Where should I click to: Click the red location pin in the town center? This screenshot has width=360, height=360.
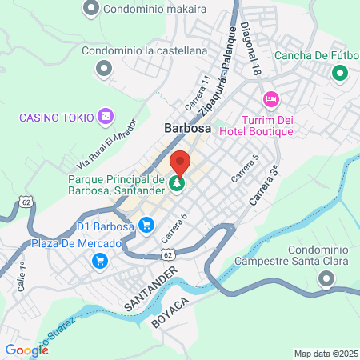pyautogui.click(x=180, y=162)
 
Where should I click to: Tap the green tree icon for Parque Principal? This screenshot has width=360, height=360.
pyautogui.click(x=176, y=184)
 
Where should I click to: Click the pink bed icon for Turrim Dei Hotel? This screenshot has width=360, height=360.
pyautogui.click(x=270, y=99)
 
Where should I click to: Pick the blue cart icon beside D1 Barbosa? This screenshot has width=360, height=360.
pyautogui.click(x=146, y=226)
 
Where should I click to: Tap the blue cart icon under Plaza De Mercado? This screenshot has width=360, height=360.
pyautogui.click(x=100, y=260)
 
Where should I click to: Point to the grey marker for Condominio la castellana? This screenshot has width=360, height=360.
pyautogui.click(x=102, y=69)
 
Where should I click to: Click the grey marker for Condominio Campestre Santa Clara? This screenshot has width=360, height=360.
pyautogui.click(x=326, y=279)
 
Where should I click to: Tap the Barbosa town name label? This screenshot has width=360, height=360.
pyautogui.click(x=186, y=127)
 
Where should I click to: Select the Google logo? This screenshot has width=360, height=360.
pyautogui.click(x=26, y=350)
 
